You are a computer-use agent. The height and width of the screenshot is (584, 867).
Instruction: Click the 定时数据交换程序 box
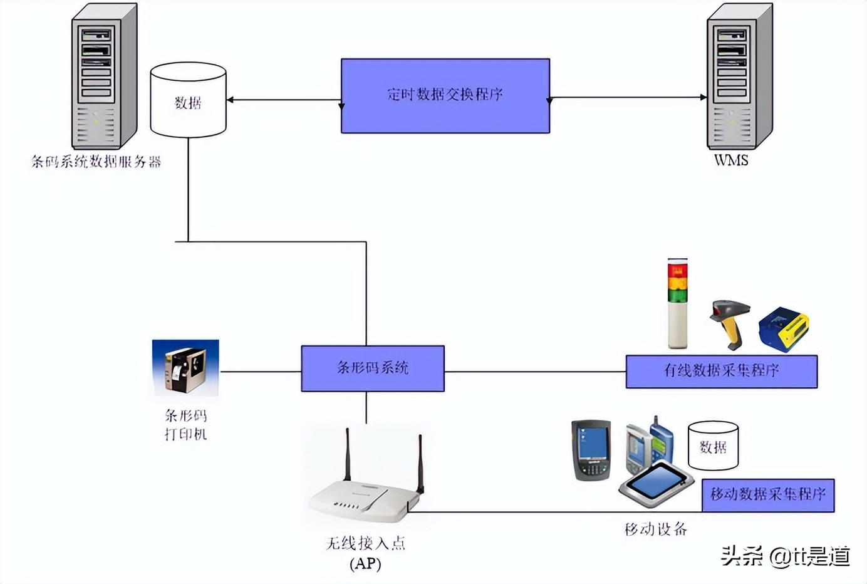[445, 95]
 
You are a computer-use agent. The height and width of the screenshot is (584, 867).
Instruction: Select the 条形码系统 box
[373, 368]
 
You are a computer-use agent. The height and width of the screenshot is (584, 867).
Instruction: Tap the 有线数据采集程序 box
[721, 371]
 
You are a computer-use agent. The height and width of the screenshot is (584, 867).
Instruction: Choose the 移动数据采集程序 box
[768, 495]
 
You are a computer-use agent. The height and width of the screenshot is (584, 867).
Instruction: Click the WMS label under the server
[731, 160]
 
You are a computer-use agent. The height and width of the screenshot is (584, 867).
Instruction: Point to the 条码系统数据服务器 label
[96, 162]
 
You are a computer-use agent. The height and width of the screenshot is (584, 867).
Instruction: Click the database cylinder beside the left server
[188, 100]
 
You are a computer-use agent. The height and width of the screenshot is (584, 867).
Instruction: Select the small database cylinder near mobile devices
[713, 446]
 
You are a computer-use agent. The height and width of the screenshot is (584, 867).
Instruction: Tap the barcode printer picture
[185, 368]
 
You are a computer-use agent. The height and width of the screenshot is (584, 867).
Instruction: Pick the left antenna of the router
[347, 454]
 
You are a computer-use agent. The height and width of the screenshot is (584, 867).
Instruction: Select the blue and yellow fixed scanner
[783, 329]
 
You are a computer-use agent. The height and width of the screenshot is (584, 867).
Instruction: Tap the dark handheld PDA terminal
[591, 450]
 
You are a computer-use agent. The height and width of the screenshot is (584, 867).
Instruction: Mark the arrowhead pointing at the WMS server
[703, 98]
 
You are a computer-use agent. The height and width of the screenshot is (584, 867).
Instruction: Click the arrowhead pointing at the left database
[231, 100]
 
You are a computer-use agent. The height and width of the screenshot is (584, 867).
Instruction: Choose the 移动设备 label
[656, 529]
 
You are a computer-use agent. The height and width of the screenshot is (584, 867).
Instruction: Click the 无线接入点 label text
[366, 543]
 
